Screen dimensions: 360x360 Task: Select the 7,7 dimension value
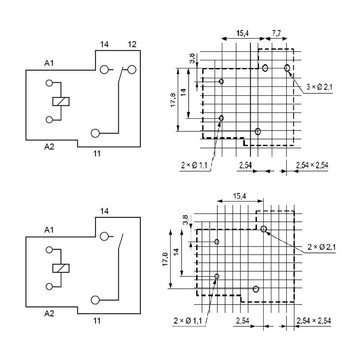coord(277,34)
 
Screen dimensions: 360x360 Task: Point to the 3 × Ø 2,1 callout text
coord(319,87)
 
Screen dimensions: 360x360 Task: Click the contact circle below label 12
coord(132,69)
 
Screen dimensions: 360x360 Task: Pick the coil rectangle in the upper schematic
coord(60,101)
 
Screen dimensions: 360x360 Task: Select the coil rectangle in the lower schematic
coord(60,268)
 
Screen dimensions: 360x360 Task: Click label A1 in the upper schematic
coord(49,63)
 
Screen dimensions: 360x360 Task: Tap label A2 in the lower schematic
coord(49,313)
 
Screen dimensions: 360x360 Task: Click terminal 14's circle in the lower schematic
coord(104,237)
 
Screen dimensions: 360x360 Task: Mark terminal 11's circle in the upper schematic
coord(95,133)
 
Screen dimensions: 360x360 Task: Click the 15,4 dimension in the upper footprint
coord(243,34)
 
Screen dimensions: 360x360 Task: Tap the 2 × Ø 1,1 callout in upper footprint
coord(194,166)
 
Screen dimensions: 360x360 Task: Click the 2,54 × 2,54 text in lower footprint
coord(314,320)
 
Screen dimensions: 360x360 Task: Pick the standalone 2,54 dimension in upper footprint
coord(245,165)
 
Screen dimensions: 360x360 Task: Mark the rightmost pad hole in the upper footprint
coord(287,68)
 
